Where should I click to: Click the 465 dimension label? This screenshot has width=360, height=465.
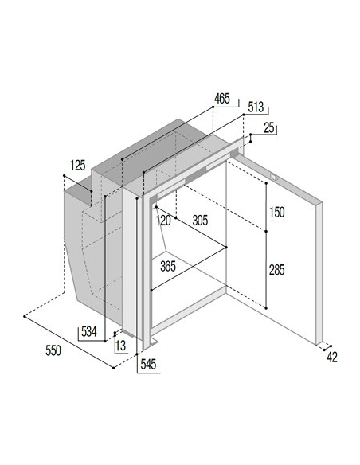[222, 99]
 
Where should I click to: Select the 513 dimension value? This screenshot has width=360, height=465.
[256, 107]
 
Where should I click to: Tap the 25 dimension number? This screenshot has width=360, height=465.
[269, 128]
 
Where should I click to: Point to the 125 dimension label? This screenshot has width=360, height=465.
[78, 166]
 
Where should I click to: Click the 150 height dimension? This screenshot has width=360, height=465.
[277, 213]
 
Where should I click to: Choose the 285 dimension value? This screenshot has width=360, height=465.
[276, 270]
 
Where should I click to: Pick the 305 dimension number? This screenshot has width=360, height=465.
[200, 221]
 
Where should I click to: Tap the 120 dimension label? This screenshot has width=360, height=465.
[163, 221]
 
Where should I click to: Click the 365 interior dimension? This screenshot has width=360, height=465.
[168, 266]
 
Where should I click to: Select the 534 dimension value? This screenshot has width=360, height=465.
[89, 332]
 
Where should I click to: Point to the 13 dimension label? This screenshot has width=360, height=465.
[121, 346]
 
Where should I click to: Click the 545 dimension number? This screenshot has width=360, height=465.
[148, 365]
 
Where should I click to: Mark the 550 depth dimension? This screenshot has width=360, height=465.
[53, 350]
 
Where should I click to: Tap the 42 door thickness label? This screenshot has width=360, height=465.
[332, 358]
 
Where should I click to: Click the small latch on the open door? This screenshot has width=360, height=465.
[273, 177]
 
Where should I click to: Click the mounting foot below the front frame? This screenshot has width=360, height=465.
[153, 342]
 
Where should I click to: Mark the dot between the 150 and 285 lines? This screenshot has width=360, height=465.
[266, 231]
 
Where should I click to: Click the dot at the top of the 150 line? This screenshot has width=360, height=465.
[266, 184]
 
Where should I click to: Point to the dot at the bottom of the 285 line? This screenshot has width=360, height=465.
[266, 308]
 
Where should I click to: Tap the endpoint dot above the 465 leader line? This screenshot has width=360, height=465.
[213, 107]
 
